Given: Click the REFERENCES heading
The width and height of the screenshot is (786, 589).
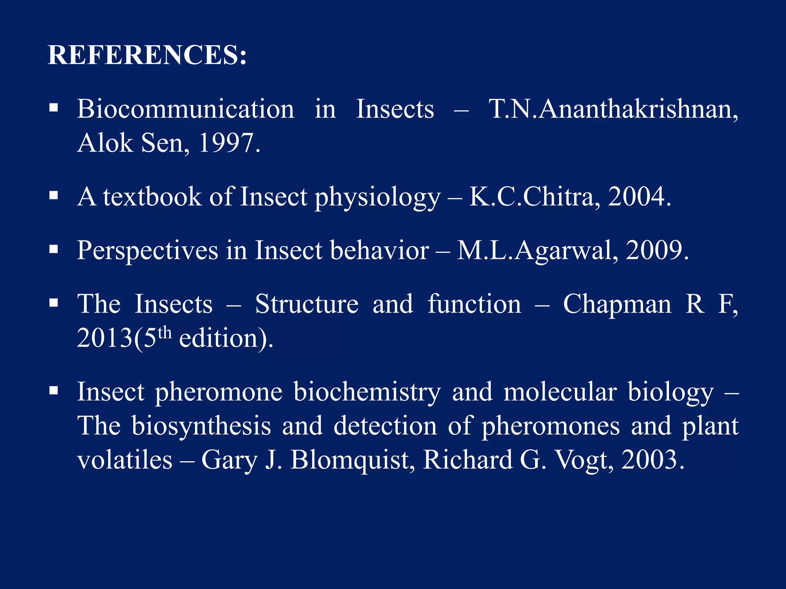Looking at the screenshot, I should pos(147,55).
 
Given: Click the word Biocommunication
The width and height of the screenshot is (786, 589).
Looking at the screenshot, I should pos(185,109).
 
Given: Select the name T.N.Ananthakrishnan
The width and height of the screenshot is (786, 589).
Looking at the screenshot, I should pos(613,109).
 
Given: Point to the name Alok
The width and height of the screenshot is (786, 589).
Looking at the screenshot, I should pos(105,143).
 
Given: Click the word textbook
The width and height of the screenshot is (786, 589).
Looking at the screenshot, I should pos(152,197).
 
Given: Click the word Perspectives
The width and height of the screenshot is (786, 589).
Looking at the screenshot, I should pos(147,250).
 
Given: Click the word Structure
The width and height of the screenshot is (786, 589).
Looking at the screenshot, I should pos(307,304).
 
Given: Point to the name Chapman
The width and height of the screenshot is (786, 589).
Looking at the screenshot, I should pos(617,304).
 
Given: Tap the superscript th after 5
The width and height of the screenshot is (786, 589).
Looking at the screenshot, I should pos(164,332).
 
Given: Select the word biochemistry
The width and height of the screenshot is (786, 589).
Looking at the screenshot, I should pos(367,392).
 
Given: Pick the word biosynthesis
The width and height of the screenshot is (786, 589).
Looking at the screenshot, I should pos(201,426).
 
